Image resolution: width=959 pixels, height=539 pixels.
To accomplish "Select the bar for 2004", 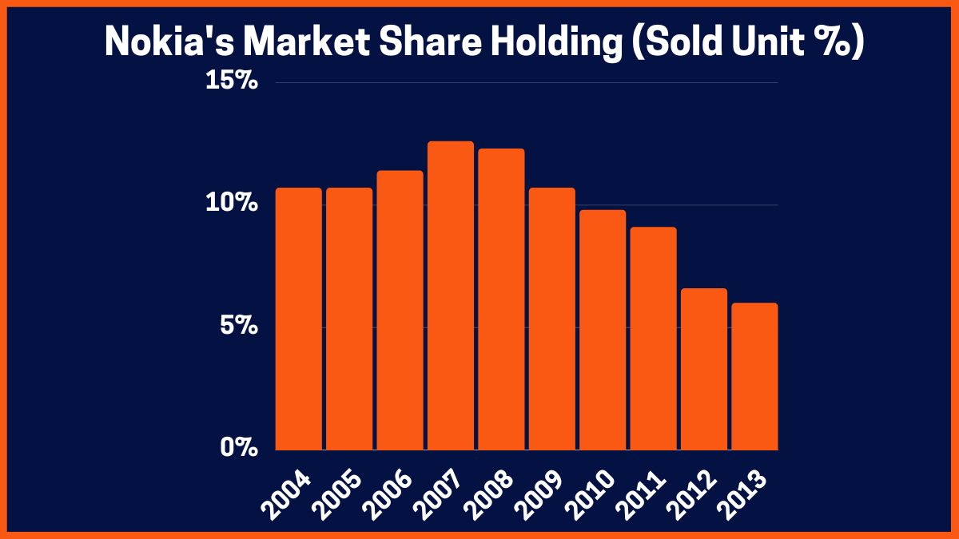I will tap(299, 319).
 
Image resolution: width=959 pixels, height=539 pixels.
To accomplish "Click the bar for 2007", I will tap(451, 296).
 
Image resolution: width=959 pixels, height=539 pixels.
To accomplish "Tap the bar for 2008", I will tap(502, 299).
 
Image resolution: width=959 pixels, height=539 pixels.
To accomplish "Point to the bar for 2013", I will tap(754, 376).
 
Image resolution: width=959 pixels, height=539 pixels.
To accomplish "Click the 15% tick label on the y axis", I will tap(232, 82).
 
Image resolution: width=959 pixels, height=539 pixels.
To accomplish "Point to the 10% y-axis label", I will tap(232, 204).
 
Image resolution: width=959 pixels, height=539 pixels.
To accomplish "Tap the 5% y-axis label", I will tap(237, 327).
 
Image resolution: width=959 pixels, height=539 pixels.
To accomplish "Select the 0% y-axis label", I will tap(237, 449).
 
